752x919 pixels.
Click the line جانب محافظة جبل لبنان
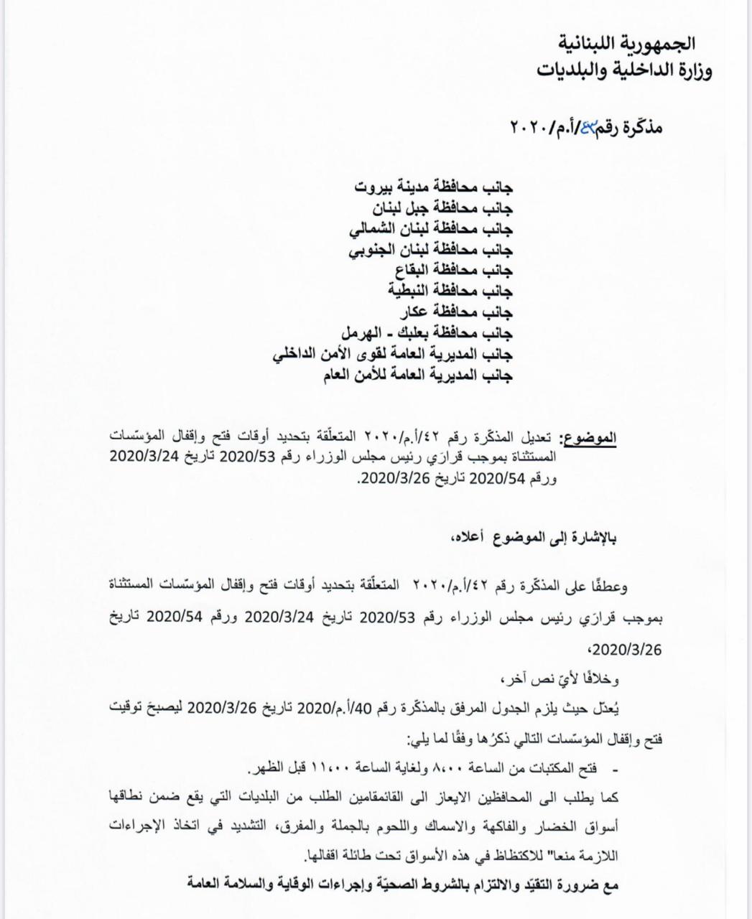442,209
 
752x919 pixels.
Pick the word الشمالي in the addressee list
375,230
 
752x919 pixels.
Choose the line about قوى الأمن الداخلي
394,355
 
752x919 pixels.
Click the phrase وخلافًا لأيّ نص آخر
568,678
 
